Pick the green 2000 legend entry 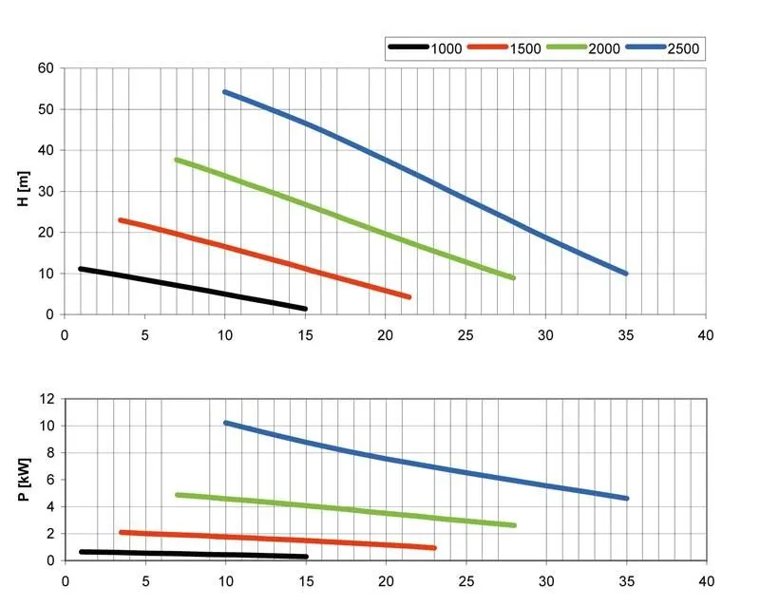(580, 47)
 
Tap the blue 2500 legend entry (659, 47)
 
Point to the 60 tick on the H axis (46, 68)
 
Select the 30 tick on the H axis (46, 191)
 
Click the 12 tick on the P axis (46, 399)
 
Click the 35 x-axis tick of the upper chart (626, 334)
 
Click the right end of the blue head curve (626, 274)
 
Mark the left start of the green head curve (177, 160)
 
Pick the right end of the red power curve (433, 548)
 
